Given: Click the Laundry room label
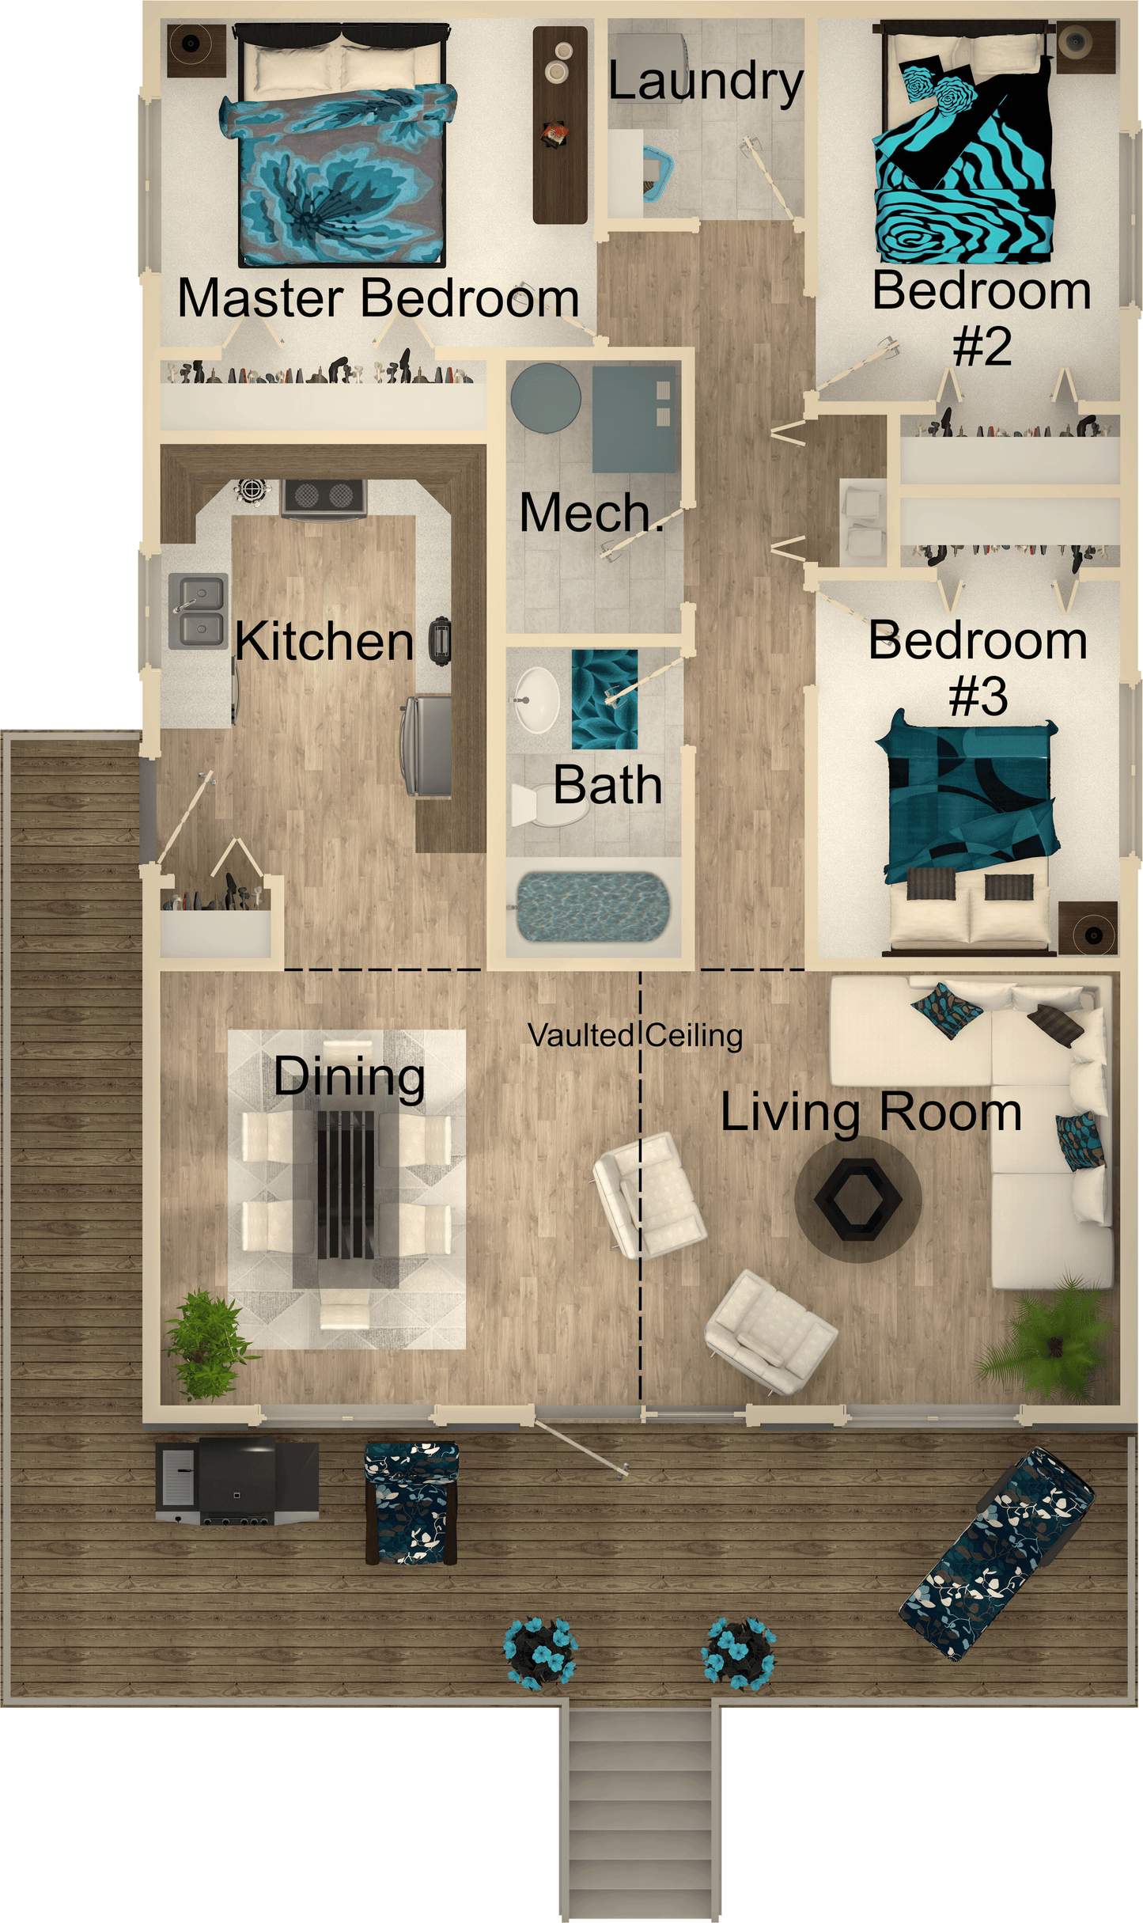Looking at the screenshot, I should [x=705, y=82].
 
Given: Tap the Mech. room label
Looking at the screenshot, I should [x=589, y=513].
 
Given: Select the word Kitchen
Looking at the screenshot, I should [x=324, y=641].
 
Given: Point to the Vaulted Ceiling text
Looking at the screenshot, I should [x=635, y=1035].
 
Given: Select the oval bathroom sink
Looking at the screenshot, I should [x=537, y=700].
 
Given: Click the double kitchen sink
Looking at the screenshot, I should [x=198, y=609].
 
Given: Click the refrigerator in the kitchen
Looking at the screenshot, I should [x=427, y=744].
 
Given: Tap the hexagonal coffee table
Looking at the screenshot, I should [x=858, y=1198].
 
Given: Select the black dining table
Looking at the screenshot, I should [x=346, y=1184].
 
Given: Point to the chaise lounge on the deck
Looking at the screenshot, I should [x=997, y=1554].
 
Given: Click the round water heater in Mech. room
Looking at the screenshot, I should [x=545, y=397].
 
